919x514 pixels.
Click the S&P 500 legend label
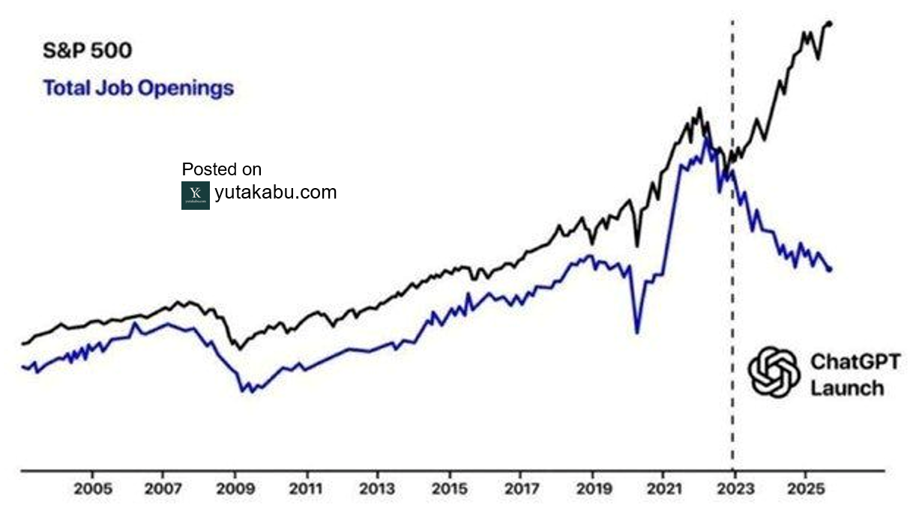tap(87, 52)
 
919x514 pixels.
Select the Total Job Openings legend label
tap(139, 88)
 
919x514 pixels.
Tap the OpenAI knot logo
tap(774, 372)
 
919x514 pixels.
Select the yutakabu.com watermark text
tap(275, 193)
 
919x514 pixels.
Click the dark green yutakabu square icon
tap(195, 195)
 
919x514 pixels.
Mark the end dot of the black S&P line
tap(830, 24)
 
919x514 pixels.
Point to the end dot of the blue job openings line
tap(830, 269)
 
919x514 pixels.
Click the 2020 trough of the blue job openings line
tap(637, 332)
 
